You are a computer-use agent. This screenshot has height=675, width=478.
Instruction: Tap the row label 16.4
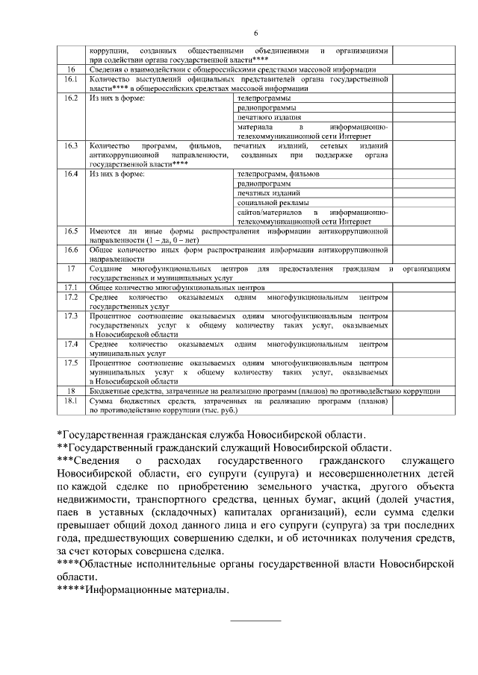tap(72, 174)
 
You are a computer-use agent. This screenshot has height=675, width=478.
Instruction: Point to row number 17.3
tap(72, 316)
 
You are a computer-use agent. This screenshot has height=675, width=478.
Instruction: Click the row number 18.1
tap(72, 401)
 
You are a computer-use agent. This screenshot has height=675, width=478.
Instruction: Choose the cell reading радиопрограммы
tap(266, 107)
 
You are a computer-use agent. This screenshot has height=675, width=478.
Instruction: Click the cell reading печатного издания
tap(269, 117)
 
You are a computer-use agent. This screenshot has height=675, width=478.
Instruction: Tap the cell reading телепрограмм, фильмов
tap(278, 174)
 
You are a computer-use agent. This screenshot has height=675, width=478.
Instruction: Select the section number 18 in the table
tap(72, 391)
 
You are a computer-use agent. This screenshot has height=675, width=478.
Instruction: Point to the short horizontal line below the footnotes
tap(255, 621)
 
